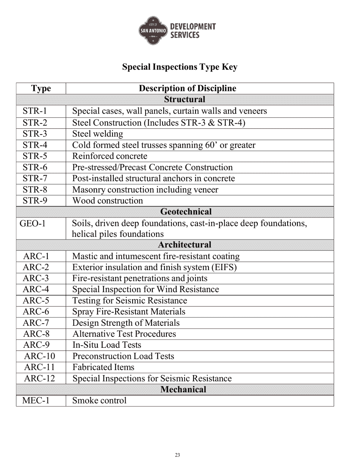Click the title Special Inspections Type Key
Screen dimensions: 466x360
tap(180, 67)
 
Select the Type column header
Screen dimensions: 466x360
tap(41, 89)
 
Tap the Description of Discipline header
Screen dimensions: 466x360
tap(188, 89)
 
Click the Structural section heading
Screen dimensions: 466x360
tap(185, 100)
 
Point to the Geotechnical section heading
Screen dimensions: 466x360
tap(186, 212)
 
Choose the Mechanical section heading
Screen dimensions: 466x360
tap(183, 389)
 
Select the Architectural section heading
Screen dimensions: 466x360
tap(185, 245)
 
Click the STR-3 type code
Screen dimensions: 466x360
tap(35, 134)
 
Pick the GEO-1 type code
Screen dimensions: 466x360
tap(33, 223)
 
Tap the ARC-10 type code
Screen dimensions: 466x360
tap(39, 356)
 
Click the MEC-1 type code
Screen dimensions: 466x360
tap(36, 400)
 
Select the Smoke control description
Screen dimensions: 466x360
tap(99, 400)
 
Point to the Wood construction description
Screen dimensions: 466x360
tap(108, 201)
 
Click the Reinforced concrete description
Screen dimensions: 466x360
tap(110, 156)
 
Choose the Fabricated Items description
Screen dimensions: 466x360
tap(103, 367)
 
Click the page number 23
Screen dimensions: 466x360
tap(177, 455)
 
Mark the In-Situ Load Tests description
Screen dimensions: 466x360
tap(106, 345)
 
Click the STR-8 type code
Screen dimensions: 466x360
tap(35, 189)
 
